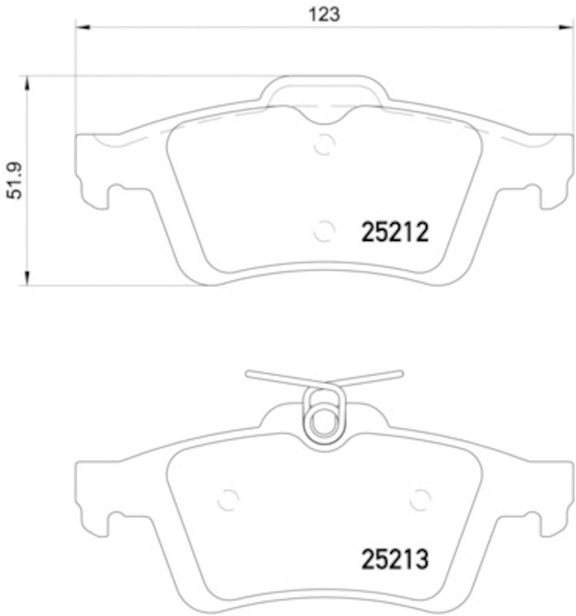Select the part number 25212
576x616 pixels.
pos(394,231)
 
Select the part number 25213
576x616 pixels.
pos(394,558)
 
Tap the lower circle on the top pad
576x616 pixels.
pos(325,229)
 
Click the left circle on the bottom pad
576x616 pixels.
pos(228,499)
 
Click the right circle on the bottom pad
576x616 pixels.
pos(420,499)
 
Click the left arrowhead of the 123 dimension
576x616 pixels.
pos(83,27)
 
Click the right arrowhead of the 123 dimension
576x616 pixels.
pos(567,27)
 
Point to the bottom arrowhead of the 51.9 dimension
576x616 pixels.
pos(28,278)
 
